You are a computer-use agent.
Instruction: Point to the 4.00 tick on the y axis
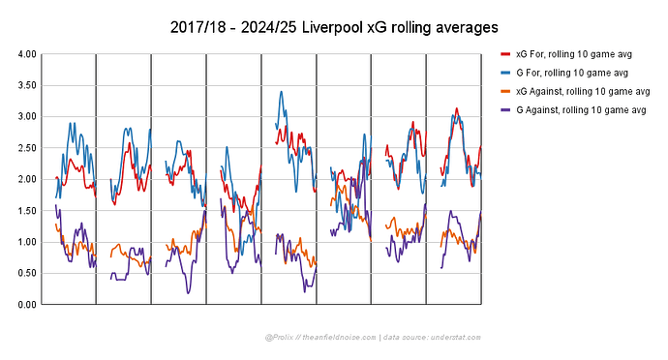click(x=28, y=54)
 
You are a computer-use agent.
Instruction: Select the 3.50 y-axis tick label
click(x=28, y=85)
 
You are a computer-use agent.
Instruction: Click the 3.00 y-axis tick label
click(x=28, y=117)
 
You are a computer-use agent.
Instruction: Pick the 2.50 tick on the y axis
click(x=28, y=148)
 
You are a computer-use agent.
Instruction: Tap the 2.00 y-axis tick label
click(x=28, y=179)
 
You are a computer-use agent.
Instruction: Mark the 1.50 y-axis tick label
click(x=28, y=211)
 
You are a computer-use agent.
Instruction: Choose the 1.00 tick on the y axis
click(x=28, y=242)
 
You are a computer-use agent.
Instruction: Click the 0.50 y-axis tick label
click(x=28, y=273)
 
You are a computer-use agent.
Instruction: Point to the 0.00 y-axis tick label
click(x=28, y=305)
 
